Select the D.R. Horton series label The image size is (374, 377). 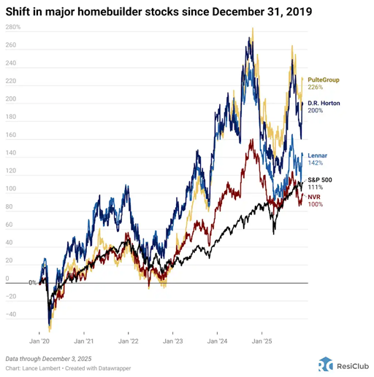pyautogui.click(x=324, y=103)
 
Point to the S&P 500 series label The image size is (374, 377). pyautogui.click(x=322, y=178)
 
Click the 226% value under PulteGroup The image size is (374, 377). pyautogui.click(x=316, y=88)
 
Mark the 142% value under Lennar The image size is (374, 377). pyautogui.click(x=316, y=164)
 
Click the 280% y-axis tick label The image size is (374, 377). pyautogui.click(x=12, y=28)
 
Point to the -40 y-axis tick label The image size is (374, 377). pyautogui.click(x=12, y=315)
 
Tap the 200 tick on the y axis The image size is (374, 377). pyautogui.click(x=11, y=99)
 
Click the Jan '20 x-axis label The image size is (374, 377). pyautogui.click(x=39, y=341)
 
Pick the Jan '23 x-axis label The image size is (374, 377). pyautogui.click(x=173, y=341)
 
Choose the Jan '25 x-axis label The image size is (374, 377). pyautogui.click(x=262, y=341)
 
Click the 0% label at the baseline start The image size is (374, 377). pyautogui.click(x=33, y=283)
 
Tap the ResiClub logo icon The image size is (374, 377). pyautogui.click(x=325, y=365)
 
